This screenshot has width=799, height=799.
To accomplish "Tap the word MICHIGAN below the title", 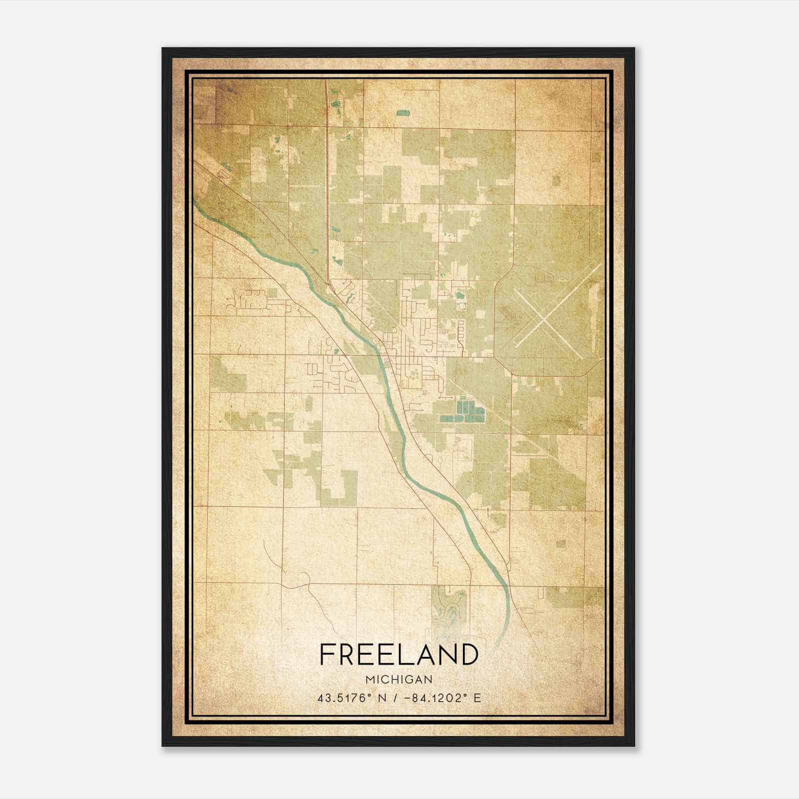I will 399,679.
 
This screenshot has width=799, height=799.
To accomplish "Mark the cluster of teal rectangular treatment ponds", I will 462,410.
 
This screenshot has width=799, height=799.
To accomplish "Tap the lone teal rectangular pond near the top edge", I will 402,113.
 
